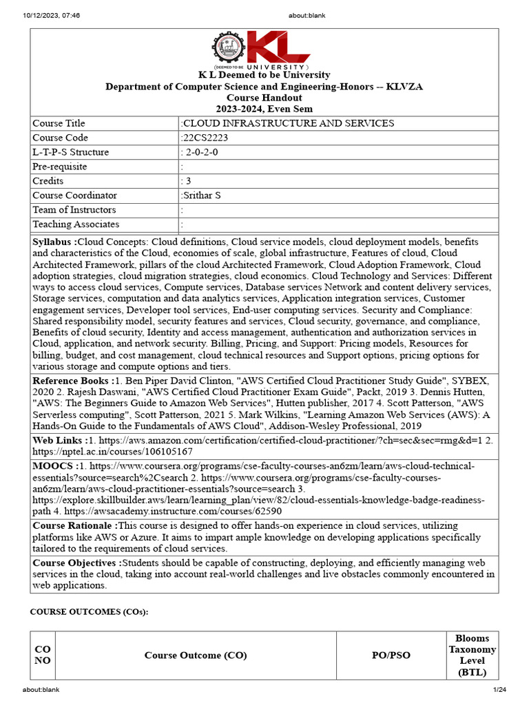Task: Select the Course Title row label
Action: pos(59,123)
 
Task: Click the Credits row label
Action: pos(48,181)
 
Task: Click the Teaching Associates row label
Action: pos(76,224)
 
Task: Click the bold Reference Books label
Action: pos(72,381)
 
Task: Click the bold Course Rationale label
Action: pos(74,526)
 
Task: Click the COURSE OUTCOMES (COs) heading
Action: pos(89,612)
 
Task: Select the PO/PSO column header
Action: pos(391,655)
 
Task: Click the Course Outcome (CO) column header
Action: pos(196,655)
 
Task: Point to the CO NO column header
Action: pos(43,655)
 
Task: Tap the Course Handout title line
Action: pos(264,98)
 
